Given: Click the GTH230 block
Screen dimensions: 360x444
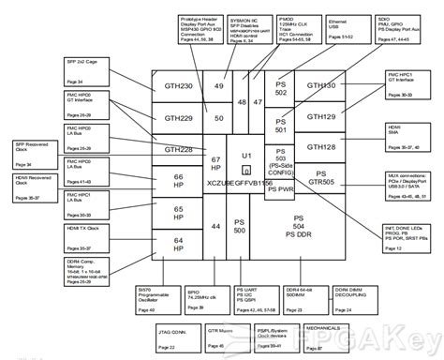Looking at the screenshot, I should (x=178, y=86).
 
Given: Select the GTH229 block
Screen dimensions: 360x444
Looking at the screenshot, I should (x=178, y=119).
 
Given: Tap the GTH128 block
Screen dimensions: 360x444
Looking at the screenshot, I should (x=321, y=147).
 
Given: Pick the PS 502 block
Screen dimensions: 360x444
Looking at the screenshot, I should (x=280, y=86).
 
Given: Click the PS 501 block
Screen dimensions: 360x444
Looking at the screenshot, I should (x=280, y=125).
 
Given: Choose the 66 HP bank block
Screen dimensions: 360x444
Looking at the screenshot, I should (x=178, y=180).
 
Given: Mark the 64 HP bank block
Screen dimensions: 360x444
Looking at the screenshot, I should (x=178, y=243).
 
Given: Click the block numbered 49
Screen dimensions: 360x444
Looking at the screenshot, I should (x=218, y=86).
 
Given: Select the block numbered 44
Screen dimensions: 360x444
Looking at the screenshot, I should (x=215, y=226).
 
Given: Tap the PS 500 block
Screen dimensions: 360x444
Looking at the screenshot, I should (x=240, y=226).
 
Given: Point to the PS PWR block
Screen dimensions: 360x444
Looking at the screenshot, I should (x=280, y=188).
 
